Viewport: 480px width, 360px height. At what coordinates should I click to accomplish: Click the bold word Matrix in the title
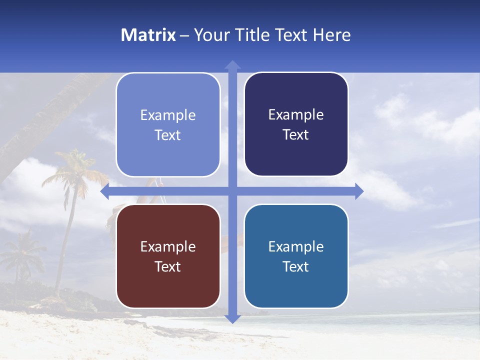click(148, 35)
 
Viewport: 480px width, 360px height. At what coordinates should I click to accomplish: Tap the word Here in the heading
click(331, 35)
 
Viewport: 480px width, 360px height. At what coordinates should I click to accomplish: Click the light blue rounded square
click(168, 125)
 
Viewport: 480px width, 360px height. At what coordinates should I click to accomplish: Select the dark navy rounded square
click(296, 124)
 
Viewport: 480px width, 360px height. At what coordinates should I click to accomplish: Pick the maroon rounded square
click(168, 256)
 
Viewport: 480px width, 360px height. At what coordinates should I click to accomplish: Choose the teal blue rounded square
click(296, 256)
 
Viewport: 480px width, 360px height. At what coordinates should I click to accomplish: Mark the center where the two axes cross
click(232, 191)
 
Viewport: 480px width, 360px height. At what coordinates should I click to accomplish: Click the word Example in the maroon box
click(168, 246)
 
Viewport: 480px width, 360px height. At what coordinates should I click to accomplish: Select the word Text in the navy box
click(296, 135)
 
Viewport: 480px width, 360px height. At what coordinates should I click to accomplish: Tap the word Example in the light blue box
click(168, 115)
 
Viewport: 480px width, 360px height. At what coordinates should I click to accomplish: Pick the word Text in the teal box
click(296, 266)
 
